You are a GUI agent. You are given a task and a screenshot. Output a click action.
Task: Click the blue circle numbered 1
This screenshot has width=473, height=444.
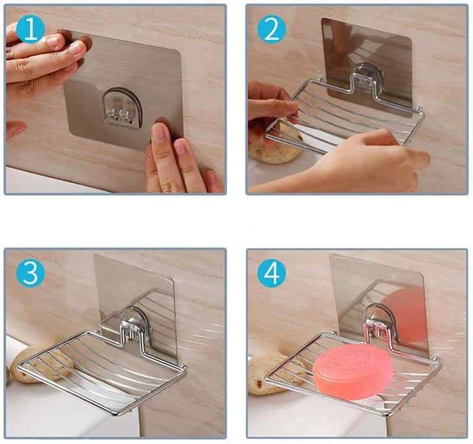point(30,29)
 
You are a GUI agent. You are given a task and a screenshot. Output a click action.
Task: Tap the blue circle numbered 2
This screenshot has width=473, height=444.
point(271,29)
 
